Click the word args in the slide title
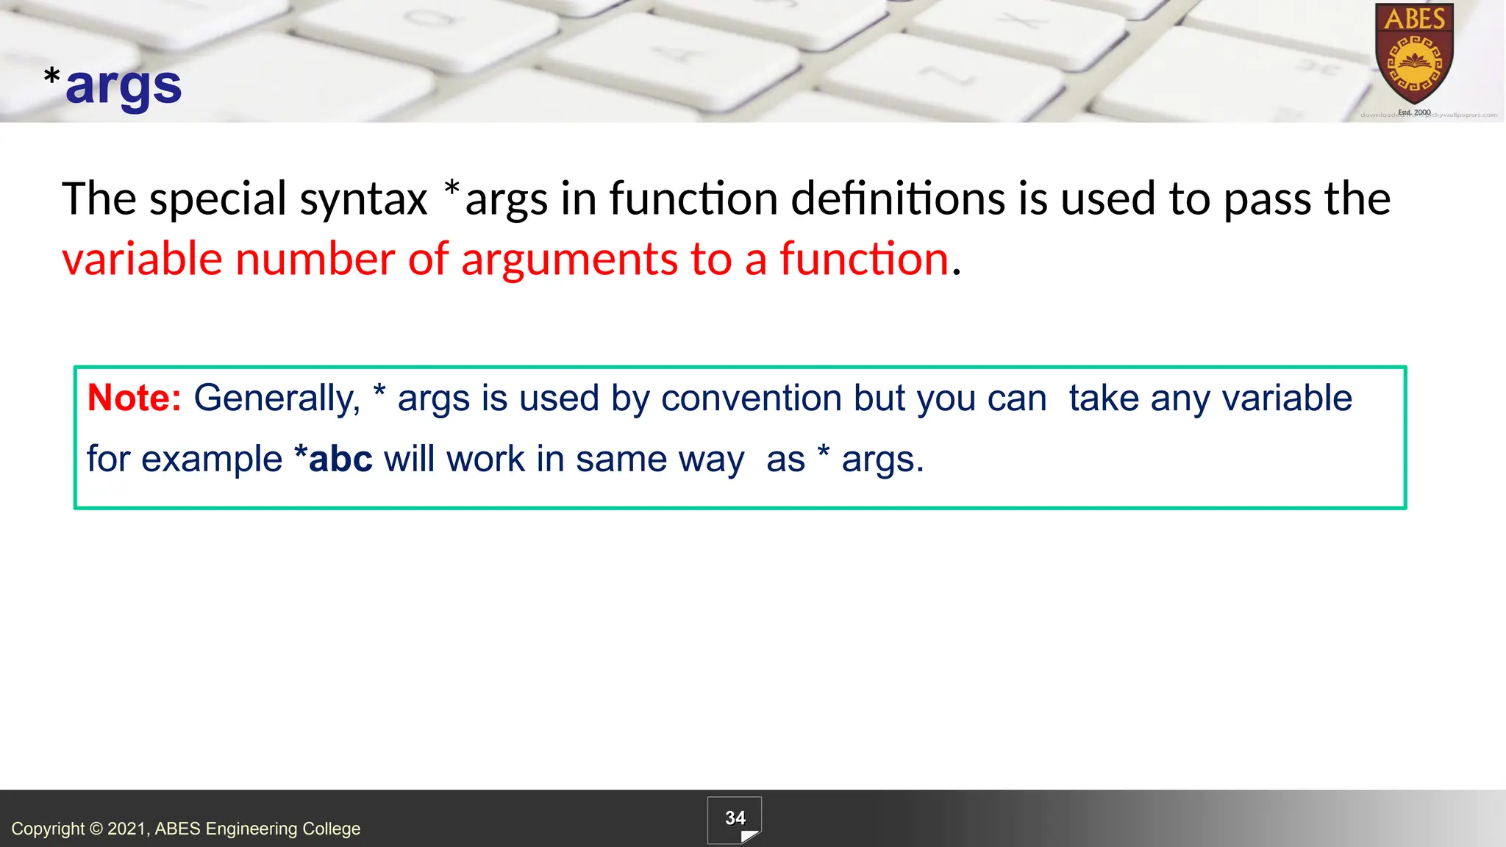pyautogui.click(x=124, y=87)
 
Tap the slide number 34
pyautogui.click(x=735, y=818)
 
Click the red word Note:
pyautogui.click(x=134, y=398)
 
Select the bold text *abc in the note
pyautogui.click(x=332, y=459)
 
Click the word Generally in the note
pyautogui.click(x=276, y=399)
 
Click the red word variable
pyautogui.click(x=141, y=260)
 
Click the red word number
pyautogui.click(x=315, y=260)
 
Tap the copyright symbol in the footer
pyautogui.click(x=96, y=829)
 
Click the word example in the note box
pyautogui.click(x=212, y=460)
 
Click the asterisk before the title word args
pyautogui.click(x=52, y=76)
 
